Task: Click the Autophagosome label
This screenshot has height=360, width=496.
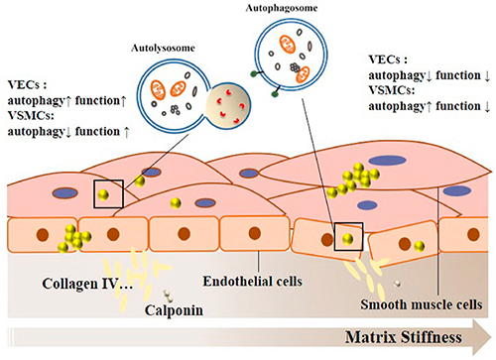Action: click(x=282, y=8)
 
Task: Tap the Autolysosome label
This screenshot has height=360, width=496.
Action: click(x=163, y=49)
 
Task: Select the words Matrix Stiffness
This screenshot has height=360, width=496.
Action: click(x=404, y=337)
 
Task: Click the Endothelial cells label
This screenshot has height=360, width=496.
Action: click(x=253, y=282)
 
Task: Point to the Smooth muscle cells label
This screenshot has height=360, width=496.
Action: click(x=422, y=304)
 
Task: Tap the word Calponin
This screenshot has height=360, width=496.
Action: click(x=174, y=310)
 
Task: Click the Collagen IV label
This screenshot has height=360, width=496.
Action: click(x=87, y=284)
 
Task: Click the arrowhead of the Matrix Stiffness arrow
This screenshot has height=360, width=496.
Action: click(x=482, y=337)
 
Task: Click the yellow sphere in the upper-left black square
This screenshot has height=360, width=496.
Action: click(x=103, y=194)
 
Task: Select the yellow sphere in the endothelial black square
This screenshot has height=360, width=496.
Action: click(x=347, y=239)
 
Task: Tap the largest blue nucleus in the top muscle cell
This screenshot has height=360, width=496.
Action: click(x=387, y=161)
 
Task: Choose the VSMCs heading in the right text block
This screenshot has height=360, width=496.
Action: click(x=392, y=90)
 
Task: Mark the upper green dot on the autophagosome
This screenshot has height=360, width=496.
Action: click(x=254, y=74)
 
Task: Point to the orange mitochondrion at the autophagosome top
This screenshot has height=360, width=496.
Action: click(x=288, y=45)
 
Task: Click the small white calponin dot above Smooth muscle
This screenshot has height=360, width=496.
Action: click(x=397, y=284)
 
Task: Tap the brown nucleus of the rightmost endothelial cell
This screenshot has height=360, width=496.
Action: click(x=473, y=234)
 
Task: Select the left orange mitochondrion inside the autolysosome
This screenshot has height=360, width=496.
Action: click(x=158, y=90)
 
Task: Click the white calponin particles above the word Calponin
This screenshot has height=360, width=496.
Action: click(x=169, y=296)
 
